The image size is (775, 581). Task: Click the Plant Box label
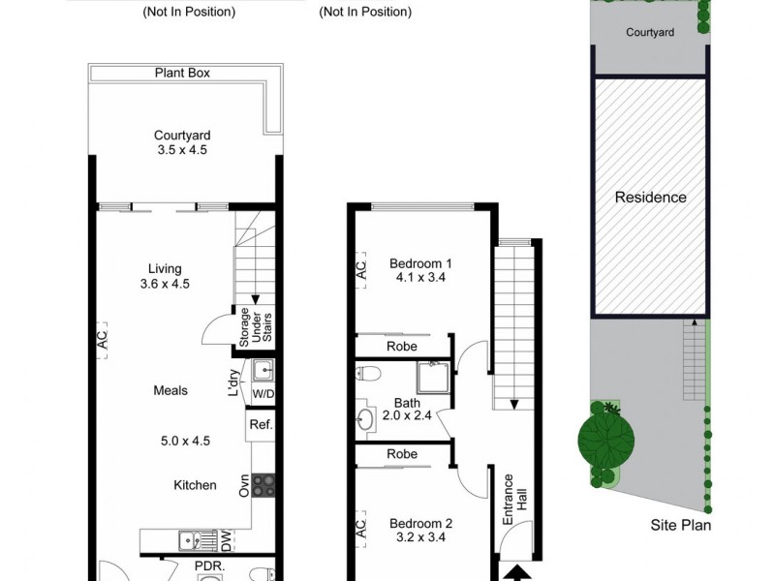click(182, 74)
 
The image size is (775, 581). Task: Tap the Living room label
click(165, 269)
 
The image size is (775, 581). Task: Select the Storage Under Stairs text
click(255, 327)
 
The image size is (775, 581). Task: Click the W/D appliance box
click(263, 394)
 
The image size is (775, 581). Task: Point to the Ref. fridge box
click(261, 424)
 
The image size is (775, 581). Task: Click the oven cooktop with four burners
click(263, 485)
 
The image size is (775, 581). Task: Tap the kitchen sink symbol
click(198, 541)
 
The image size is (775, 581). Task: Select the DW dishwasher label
click(226, 541)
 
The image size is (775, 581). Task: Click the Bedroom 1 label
click(420, 263)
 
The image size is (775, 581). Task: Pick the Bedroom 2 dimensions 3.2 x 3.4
click(420, 537)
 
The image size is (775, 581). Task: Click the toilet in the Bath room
click(368, 374)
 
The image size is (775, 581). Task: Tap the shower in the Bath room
click(433, 378)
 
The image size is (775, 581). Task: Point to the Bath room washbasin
click(365, 420)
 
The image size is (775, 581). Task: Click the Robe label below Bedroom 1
click(402, 347)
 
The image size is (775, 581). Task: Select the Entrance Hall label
click(515, 500)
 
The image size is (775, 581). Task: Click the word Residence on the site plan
click(650, 198)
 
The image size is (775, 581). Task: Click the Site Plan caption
click(681, 525)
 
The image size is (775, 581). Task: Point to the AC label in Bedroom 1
click(361, 270)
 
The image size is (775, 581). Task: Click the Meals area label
click(170, 390)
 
